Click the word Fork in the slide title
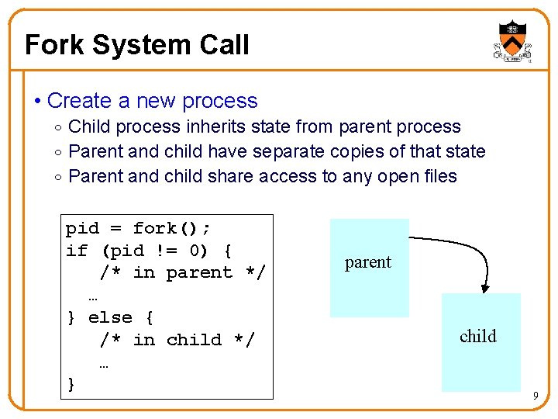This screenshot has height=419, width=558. click(54, 45)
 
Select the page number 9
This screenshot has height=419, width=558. click(535, 397)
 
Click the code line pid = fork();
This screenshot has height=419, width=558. click(138, 228)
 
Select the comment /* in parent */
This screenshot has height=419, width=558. click(182, 272)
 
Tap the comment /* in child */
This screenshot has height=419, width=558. click(177, 340)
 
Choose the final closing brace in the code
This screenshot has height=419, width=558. click(71, 384)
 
